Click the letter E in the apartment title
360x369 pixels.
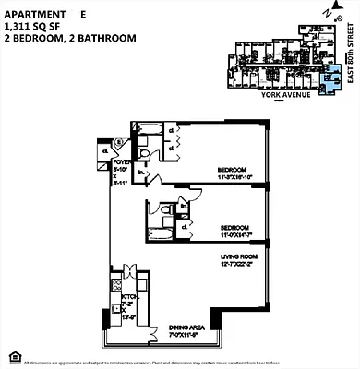83,15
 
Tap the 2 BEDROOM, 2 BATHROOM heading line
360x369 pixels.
70,39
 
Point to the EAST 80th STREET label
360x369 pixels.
350,54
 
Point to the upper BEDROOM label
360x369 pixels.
232,170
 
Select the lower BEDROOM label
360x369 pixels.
234,227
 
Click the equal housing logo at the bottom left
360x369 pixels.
10,356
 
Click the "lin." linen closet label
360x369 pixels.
140,171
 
